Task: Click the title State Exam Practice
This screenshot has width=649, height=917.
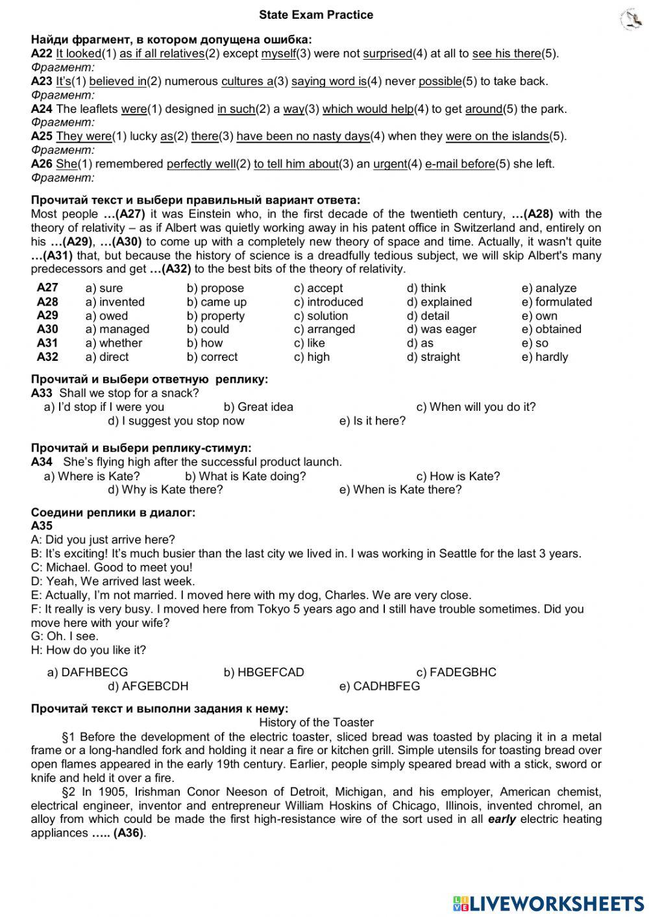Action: (x=316, y=15)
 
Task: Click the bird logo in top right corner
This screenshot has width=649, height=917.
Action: (x=629, y=19)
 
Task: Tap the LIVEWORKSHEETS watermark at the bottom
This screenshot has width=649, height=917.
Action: (x=548, y=903)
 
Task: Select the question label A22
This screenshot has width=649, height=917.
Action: (x=42, y=54)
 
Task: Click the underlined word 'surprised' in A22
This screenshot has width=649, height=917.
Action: (x=387, y=54)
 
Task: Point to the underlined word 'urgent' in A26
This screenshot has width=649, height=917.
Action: (x=390, y=164)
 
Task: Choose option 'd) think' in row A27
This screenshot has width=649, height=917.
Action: (x=426, y=288)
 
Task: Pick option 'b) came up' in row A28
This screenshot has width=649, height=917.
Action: (x=217, y=302)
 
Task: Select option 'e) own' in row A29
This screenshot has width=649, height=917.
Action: (x=539, y=316)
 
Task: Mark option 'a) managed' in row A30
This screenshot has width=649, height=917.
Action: (x=117, y=329)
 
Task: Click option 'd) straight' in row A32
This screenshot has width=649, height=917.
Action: (x=433, y=357)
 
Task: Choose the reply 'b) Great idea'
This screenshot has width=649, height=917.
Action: (x=258, y=407)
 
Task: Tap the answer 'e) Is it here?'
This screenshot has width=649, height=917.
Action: (x=373, y=421)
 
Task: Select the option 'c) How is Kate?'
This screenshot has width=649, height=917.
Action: (x=458, y=476)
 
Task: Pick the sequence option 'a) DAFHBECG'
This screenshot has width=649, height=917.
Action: (x=88, y=672)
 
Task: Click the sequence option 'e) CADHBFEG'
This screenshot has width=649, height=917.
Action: (x=380, y=686)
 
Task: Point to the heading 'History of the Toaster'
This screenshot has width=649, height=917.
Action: (x=316, y=722)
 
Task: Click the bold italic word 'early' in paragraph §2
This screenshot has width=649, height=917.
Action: (x=502, y=819)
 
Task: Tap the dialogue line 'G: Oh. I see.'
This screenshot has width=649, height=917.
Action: (x=65, y=637)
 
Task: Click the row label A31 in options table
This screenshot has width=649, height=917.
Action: (x=47, y=343)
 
